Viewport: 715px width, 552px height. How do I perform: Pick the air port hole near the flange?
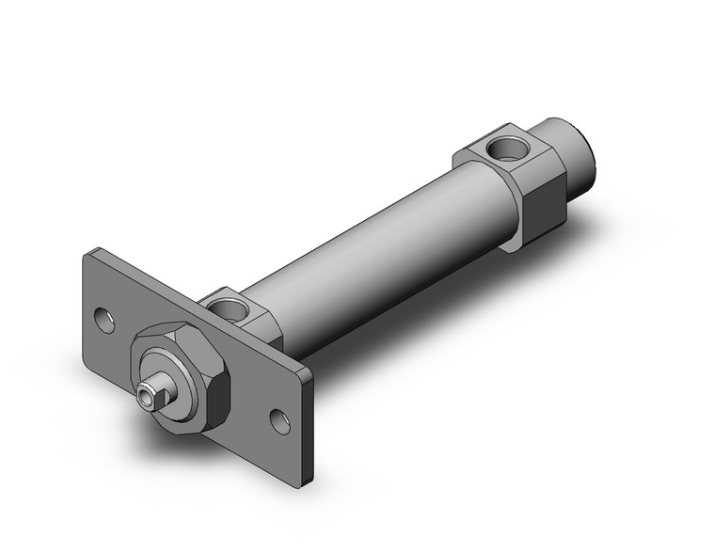click(227, 305)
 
